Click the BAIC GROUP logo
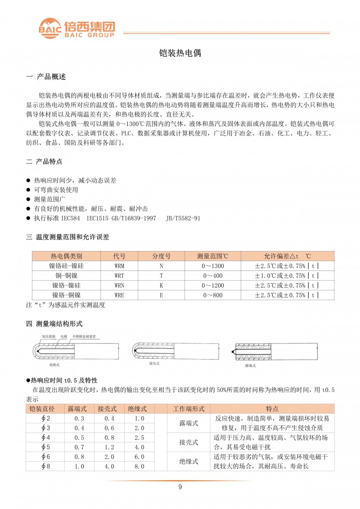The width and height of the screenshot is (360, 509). [76, 28]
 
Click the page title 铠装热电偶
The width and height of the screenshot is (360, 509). [180, 53]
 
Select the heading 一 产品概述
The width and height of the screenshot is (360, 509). [46, 77]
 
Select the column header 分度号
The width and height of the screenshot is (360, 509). [161, 256]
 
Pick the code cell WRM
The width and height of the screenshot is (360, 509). [120, 266]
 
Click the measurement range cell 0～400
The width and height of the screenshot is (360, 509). [213, 275]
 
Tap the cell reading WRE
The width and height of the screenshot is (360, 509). [120, 295]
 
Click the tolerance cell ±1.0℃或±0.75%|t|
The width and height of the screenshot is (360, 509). [287, 275]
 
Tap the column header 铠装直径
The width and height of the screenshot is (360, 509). [42, 409]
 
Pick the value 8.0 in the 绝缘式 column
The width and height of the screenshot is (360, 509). [139, 466]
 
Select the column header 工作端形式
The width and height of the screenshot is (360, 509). [189, 409]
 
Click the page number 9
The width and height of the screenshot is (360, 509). [180, 487]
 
